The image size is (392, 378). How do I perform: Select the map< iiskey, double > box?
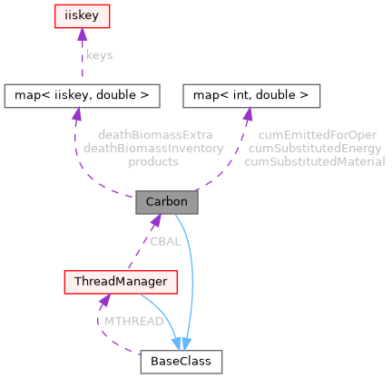83,93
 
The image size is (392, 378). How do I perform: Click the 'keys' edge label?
99,54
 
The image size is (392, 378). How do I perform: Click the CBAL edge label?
164,241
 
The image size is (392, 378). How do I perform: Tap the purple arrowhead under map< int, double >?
247,112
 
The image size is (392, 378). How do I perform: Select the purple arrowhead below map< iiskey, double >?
76,112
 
